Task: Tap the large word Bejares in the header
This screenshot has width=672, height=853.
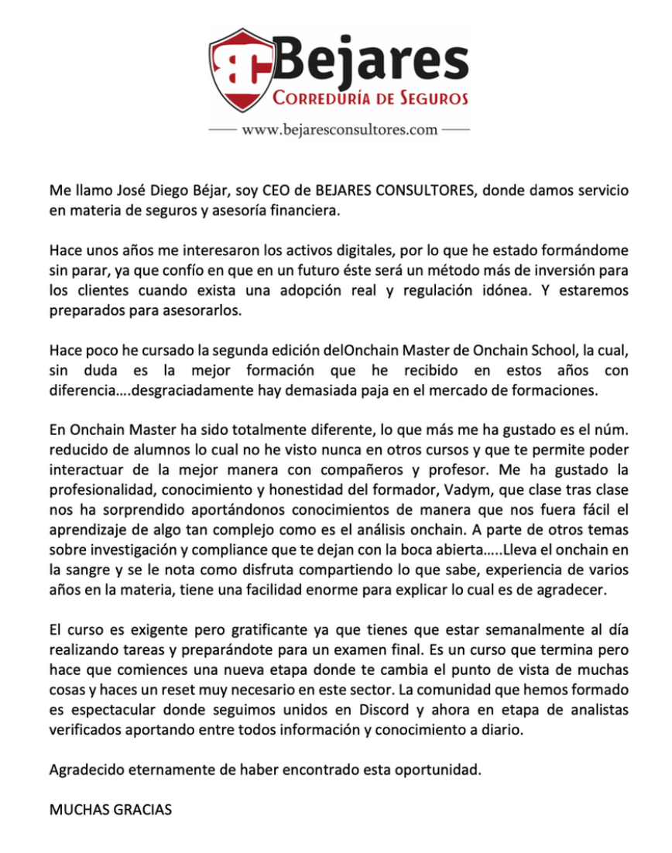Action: [x=371, y=61]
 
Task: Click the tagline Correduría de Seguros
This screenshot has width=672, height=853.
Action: [x=371, y=99]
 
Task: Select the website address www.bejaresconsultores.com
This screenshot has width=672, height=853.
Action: [x=340, y=129]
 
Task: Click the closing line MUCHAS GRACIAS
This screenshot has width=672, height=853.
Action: [x=110, y=810]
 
